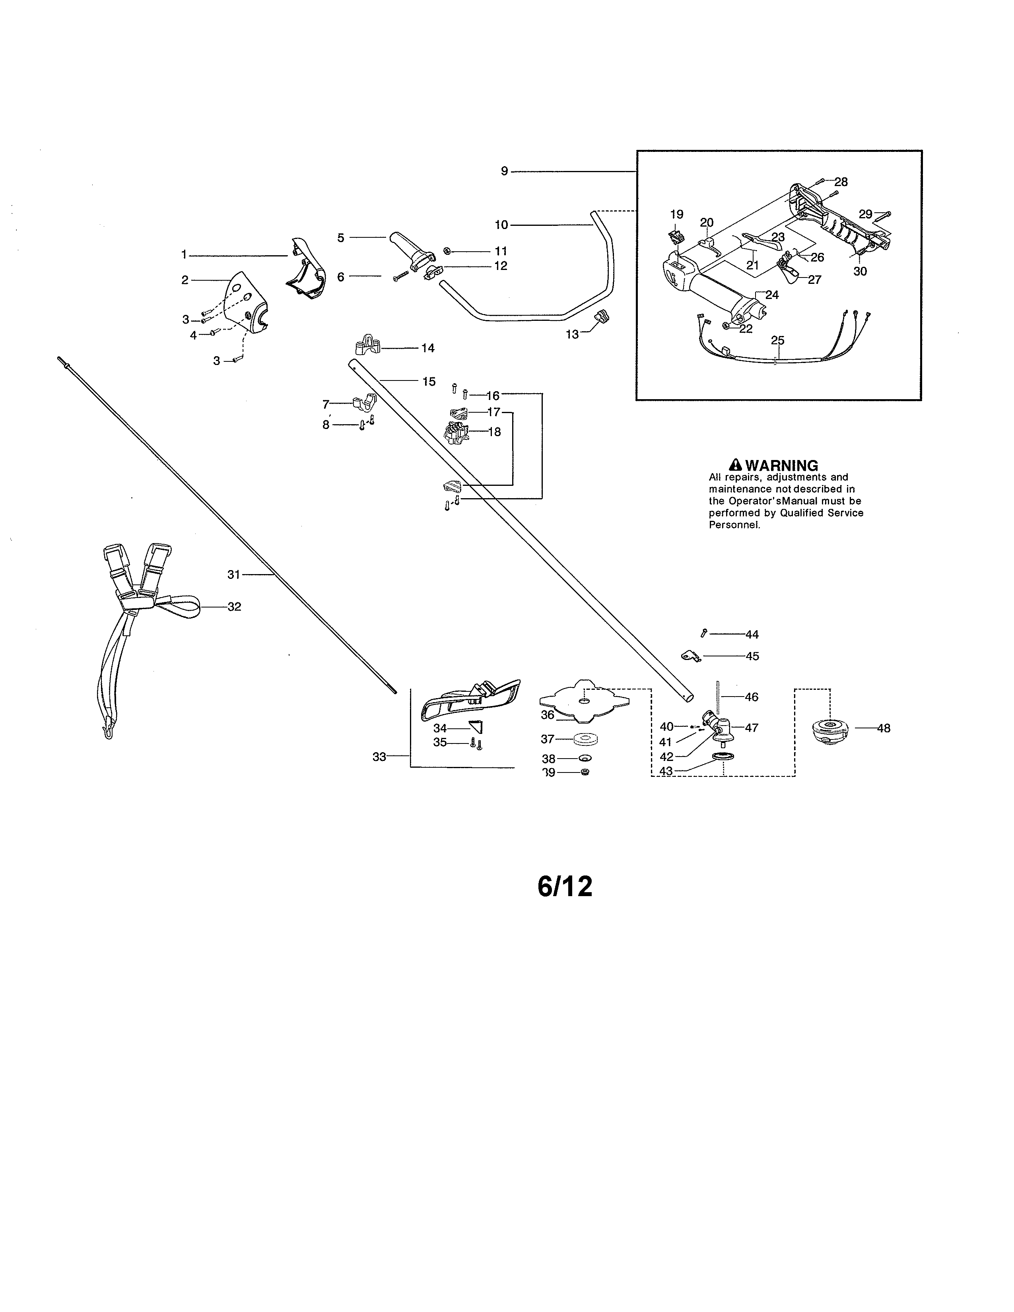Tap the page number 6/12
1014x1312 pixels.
tap(565, 886)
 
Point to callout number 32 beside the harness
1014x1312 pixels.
tap(234, 607)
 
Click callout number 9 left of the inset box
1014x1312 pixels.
tap(505, 171)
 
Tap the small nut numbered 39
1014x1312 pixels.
tap(586, 772)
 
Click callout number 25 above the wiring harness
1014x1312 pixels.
tap(777, 341)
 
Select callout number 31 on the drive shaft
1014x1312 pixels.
tap(234, 575)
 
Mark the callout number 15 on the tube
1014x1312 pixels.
tap(428, 381)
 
